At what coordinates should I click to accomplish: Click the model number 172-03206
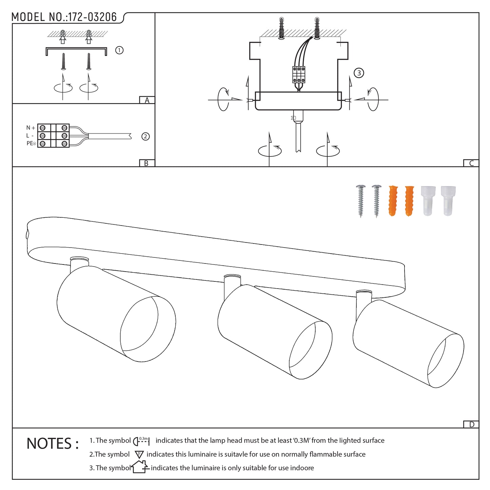pos(93,17)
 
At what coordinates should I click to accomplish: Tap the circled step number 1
pos(119,50)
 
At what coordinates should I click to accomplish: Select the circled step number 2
pos(145,136)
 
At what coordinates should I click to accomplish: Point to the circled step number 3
pos(359,73)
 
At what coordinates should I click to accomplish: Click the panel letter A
pos(147,100)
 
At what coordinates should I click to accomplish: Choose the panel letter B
pos(146,163)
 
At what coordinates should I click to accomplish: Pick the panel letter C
pos(471,163)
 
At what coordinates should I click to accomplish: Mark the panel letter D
pos(471,424)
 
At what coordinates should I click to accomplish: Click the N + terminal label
pos(31,128)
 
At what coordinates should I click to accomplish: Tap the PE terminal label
pos(31,143)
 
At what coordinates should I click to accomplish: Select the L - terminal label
pos(30,136)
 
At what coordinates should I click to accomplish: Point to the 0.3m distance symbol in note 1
pos(141,441)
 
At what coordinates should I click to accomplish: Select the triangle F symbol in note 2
pos(139,454)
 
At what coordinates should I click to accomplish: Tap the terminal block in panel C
pos(299,75)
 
